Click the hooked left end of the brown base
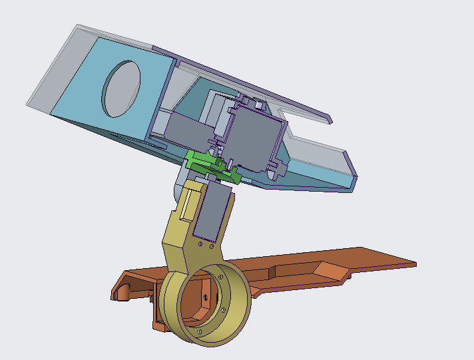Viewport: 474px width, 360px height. (120, 291)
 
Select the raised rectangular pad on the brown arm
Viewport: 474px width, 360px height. (330, 270)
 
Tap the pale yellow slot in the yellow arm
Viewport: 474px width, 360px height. (190, 203)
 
